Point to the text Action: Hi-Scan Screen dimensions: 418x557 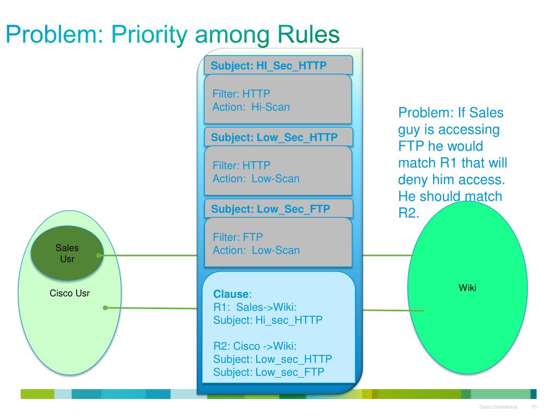251,107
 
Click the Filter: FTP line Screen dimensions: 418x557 237,237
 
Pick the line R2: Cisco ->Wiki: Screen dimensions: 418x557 255,346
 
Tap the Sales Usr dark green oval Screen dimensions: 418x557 67,253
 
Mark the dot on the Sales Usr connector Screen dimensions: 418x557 98,255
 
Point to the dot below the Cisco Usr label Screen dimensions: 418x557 105,308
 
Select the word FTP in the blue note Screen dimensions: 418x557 411,147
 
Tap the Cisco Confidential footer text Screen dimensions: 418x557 498,408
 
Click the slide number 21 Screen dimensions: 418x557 534,408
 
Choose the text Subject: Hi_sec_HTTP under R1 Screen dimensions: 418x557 268,320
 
